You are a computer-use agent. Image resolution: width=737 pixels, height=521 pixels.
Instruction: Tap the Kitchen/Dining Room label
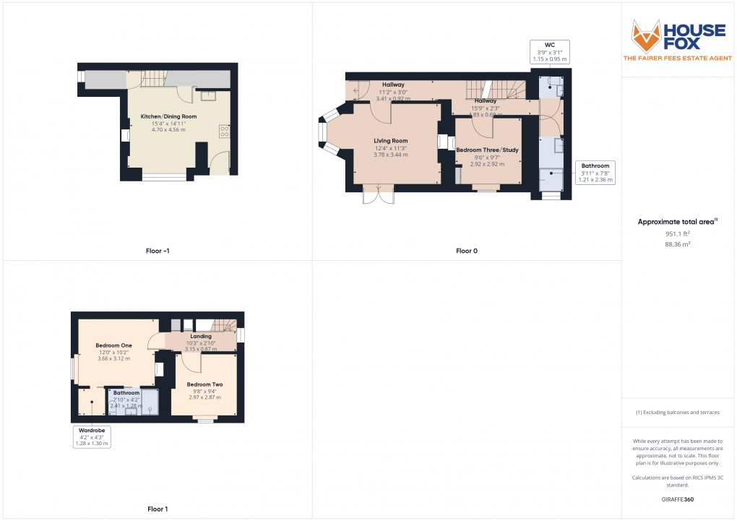(x=168, y=116)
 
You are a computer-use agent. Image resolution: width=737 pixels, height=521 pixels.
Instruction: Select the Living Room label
(x=390, y=141)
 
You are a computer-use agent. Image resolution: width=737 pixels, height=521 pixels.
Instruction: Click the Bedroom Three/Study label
(x=487, y=150)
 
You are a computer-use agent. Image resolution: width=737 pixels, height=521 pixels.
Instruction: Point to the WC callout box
(x=550, y=51)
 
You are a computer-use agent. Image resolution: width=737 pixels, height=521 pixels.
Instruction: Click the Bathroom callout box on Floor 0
(x=596, y=173)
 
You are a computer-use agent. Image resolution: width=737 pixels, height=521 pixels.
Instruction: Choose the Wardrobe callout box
(x=91, y=436)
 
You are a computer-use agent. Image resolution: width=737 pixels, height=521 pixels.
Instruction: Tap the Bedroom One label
(x=113, y=345)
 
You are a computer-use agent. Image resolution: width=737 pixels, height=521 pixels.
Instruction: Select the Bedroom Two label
(x=204, y=384)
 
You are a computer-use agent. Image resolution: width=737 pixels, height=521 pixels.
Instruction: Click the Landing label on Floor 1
(x=201, y=336)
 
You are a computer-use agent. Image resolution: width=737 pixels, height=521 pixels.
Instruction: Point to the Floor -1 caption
(x=157, y=251)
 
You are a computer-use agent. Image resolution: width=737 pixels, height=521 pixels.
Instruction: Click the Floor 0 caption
(x=466, y=251)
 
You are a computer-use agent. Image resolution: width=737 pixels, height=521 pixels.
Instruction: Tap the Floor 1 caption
(x=157, y=509)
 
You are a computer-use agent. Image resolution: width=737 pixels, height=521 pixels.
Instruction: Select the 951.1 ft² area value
(x=678, y=233)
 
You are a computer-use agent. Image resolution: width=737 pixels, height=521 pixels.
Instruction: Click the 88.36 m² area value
(x=678, y=244)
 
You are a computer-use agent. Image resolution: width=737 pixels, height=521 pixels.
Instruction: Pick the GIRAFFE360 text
(x=678, y=499)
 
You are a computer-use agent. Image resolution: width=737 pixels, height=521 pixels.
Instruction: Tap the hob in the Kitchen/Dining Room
(x=224, y=131)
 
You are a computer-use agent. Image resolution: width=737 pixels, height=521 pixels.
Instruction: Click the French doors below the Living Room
(x=379, y=192)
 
